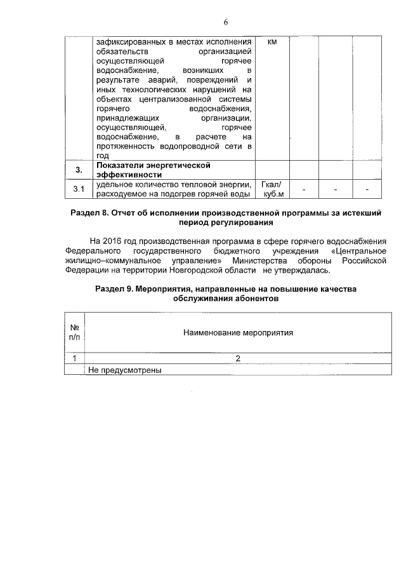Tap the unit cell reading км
pyautogui.click(x=272, y=42)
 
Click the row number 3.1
pyautogui.click(x=78, y=189)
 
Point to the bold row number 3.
pyautogui.click(x=78, y=170)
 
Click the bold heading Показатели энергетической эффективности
pyautogui.click(x=152, y=170)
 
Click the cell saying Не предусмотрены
pyautogui.click(x=126, y=369)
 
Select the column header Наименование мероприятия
pyautogui.click(x=238, y=332)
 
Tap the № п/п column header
pyautogui.click(x=74, y=332)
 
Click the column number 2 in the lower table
pyautogui.click(x=238, y=358)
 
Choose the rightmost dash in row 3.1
pyautogui.click(x=367, y=189)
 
